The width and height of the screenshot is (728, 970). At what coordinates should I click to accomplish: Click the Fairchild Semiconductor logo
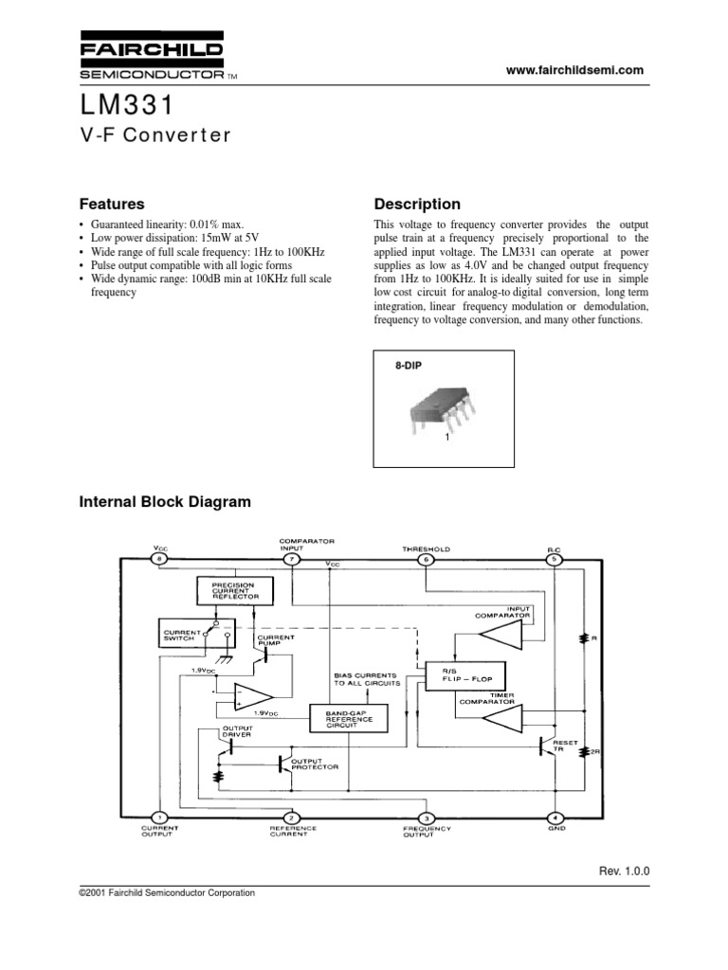tap(152, 60)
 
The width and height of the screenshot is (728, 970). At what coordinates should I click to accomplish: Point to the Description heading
tap(417, 204)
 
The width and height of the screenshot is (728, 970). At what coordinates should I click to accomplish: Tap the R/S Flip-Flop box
tap(466, 674)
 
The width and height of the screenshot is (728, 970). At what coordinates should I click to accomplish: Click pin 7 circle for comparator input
tap(292, 560)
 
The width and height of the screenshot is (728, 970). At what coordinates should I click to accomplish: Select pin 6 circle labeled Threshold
tap(426, 560)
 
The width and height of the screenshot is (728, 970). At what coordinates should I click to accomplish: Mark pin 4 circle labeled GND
tap(555, 817)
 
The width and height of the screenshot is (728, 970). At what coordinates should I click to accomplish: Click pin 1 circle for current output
tap(159, 817)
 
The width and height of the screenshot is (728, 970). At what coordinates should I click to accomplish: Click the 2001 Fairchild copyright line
tap(167, 892)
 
